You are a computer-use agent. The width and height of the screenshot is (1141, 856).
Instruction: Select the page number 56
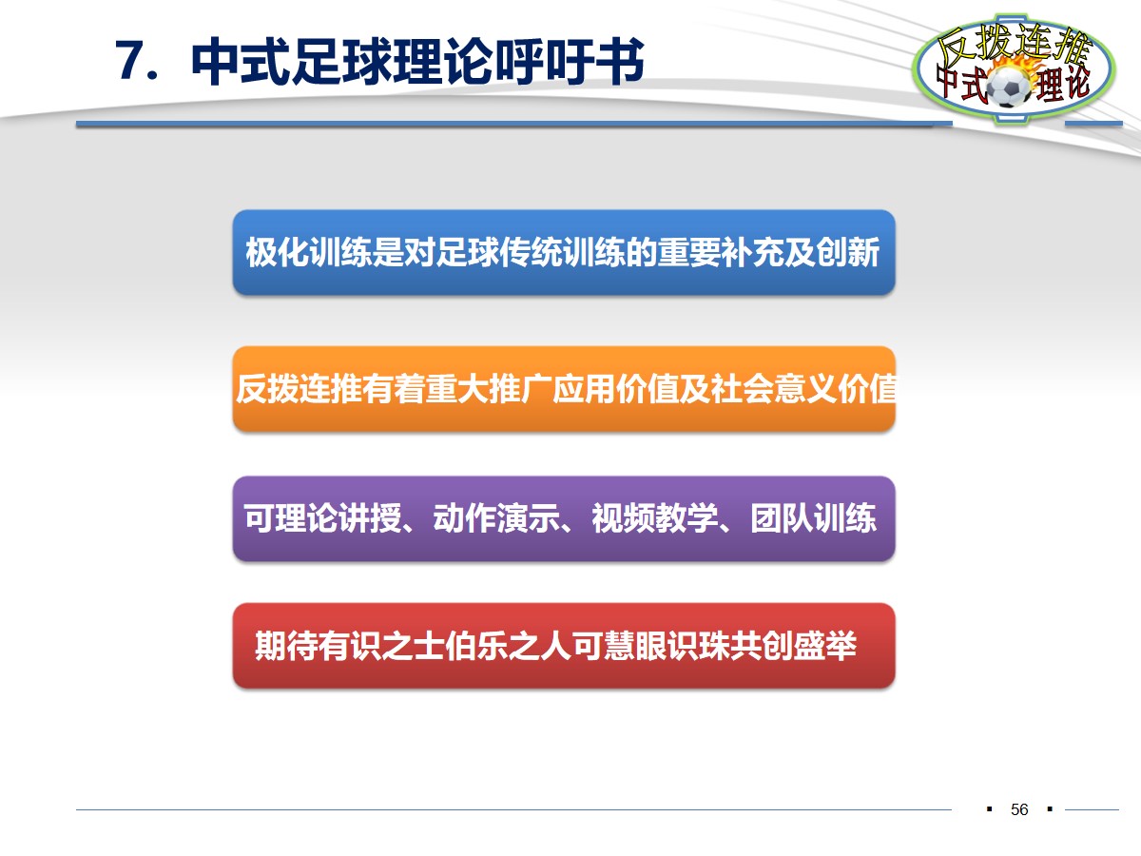[1019, 809]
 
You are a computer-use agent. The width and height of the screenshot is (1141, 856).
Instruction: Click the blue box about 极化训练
[563, 253]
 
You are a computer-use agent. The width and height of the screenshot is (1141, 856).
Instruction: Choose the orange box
[563, 389]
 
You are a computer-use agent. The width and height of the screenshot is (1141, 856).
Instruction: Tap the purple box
[563, 518]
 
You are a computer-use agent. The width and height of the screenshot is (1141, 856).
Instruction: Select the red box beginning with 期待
[563, 646]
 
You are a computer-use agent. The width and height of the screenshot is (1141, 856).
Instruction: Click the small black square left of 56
[989, 809]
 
